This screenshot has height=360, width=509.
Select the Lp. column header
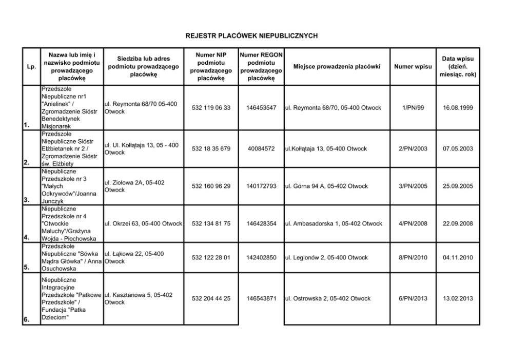coord(31,67)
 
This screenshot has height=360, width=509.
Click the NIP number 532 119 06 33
coord(211,108)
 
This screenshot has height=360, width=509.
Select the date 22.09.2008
coord(458,223)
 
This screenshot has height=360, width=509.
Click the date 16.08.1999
coord(458,108)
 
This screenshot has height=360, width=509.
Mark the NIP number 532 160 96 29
coord(211,186)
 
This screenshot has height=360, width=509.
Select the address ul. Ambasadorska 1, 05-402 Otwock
coord(334,223)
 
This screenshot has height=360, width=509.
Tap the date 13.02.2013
coord(458,298)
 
